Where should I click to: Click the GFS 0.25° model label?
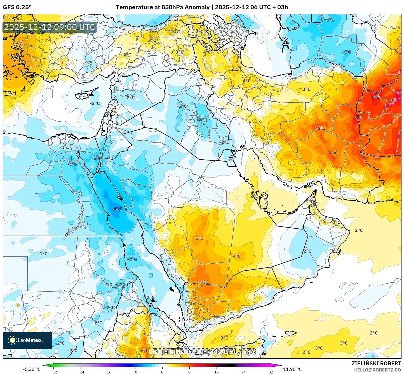pyautogui.click(x=17, y=7)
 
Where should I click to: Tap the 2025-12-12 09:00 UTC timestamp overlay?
pyautogui.click(x=50, y=27)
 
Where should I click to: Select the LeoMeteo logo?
pyautogui.click(x=27, y=340)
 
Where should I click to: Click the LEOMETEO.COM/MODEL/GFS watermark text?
pyautogui.click(x=202, y=351)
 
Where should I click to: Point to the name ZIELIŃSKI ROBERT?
pyautogui.click(x=376, y=363)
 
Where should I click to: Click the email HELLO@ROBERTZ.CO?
pyautogui.click(x=377, y=370)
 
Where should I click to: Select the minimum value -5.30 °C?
pyautogui.click(x=32, y=369)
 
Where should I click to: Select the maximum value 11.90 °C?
pyautogui.click(x=292, y=369)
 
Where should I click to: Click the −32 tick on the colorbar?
pyautogui.click(x=54, y=372)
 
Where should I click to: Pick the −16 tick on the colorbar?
pyautogui.click(x=108, y=372)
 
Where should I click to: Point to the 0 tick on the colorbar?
pyautogui.click(x=162, y=372)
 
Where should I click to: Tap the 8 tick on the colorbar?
pyautogui.click(x=189, y=372)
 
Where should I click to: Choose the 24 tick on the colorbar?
pyautogui.click(x=244, y=372)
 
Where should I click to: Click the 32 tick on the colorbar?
pyautogui.click(x=271, y=372)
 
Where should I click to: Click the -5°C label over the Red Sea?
pyautogui.click(x=117, y=209)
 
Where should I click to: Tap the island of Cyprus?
pyautogui.click(x=85, y=94)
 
